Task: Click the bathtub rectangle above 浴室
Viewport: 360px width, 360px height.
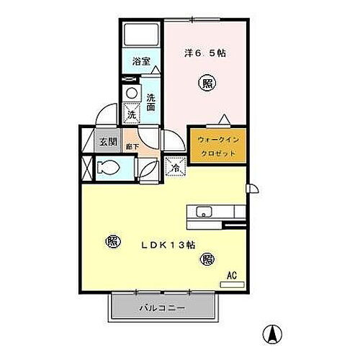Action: click(x=140, y=35)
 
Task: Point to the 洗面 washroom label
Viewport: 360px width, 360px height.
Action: click(x=152, y=102)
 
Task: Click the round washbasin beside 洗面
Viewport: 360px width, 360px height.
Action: click(x=132, y=93)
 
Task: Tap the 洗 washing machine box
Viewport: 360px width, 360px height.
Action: click(x=131, y=114)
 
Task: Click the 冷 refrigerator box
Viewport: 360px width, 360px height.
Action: click(x=175, y=167)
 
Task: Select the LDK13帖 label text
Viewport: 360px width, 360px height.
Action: click(x=168, y=243)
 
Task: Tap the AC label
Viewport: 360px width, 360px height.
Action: click(x=232, y=274)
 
